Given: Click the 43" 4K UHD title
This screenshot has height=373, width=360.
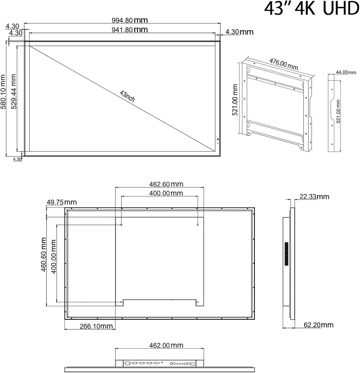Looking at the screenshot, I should [311, 9].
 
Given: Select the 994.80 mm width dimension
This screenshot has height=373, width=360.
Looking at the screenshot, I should [130, 20].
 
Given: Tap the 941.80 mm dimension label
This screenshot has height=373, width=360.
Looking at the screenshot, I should [130, 30].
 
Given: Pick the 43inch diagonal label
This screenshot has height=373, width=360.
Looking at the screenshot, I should [127, 96].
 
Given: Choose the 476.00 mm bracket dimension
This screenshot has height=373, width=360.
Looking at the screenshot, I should [283, 64].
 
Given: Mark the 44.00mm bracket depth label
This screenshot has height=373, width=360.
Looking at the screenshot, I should [346, 72].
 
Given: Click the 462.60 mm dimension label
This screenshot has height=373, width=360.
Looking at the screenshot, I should [166, 184].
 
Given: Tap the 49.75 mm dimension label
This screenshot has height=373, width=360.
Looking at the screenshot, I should [61, 202].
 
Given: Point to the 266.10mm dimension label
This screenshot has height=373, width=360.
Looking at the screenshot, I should [96, 326].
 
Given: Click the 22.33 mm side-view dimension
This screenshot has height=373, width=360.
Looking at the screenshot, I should [314, 197].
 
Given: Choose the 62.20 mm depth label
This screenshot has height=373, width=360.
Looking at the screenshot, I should [318, 325].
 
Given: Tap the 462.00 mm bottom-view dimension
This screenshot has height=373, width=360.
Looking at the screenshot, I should [166, 345].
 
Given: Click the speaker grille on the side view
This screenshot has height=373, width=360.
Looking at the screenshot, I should [286, 254].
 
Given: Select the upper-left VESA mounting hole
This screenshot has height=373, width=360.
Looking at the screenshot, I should [122, 225].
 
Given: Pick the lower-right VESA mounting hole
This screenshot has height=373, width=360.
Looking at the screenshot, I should [198, 302].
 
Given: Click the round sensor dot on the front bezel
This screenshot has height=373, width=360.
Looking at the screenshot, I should [218, 140].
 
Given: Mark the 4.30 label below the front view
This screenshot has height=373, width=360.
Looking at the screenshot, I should [17, 159].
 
